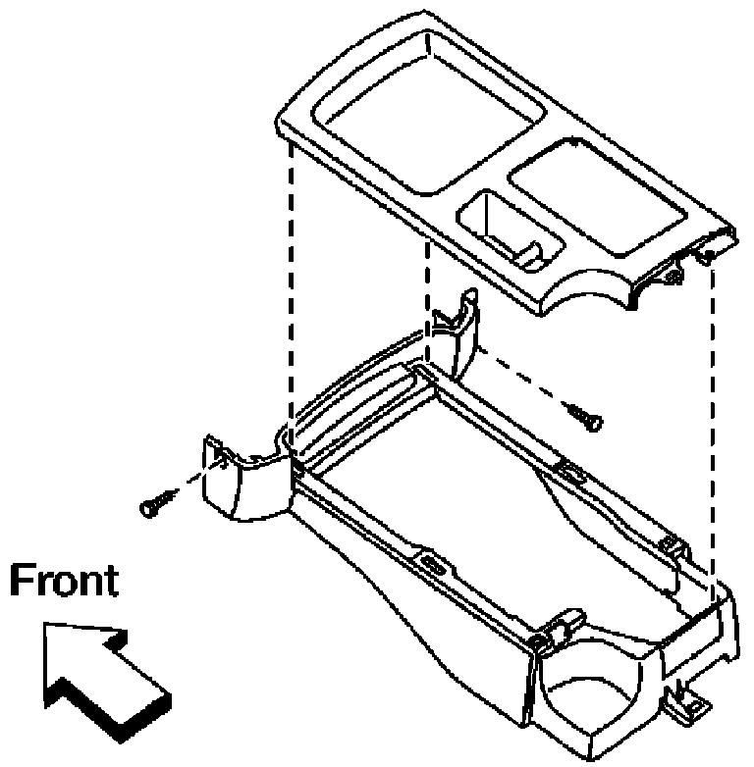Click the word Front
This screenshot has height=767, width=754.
(64, 581)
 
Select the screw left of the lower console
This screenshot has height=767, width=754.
(157, 503)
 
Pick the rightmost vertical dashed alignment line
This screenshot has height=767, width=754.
(713, 426)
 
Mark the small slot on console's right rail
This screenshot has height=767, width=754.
(572, 472)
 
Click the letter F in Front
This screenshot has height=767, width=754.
(22, 581)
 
